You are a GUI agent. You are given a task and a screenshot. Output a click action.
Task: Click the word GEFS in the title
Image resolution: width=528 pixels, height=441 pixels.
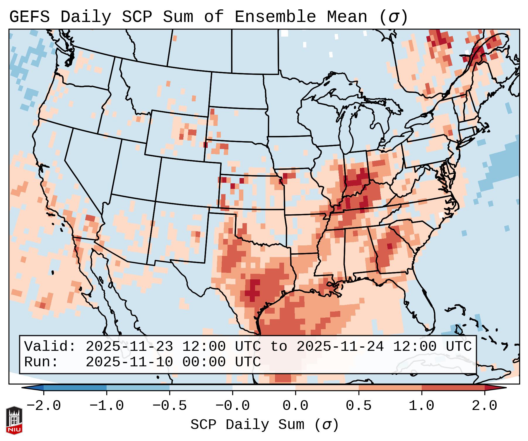click(x=29, y=17)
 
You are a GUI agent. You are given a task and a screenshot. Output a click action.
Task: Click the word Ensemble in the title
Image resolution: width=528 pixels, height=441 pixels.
click(x=275, y=17)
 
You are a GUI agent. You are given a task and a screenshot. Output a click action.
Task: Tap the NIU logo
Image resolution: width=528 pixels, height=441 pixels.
click(x=14, y=420)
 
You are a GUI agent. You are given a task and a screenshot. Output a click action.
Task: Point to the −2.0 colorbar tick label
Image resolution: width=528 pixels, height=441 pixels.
click(x=44, y=406)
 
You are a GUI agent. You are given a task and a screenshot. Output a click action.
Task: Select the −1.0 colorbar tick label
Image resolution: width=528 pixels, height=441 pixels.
click(x=106, y=406)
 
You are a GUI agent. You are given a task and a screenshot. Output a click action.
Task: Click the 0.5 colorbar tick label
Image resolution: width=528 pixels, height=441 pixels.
click(x=358, y=406)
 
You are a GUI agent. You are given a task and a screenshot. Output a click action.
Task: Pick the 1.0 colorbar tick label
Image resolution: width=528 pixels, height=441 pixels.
click(x=421, y=406)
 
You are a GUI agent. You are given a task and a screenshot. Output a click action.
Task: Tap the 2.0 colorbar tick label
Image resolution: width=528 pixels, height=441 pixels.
click(x=484, y=406)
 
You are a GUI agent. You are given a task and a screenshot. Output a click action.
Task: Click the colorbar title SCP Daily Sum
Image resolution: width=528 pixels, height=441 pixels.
click(x=247, y=425)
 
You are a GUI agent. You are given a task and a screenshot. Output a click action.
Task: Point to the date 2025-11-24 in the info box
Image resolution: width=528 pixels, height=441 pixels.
click(x=340, y=346)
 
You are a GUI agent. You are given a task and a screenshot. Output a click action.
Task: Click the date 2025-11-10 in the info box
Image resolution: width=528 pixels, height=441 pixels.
click(x=129, y=362)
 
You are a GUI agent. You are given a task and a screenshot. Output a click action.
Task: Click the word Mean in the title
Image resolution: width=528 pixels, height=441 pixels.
click(x=347, y=17)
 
